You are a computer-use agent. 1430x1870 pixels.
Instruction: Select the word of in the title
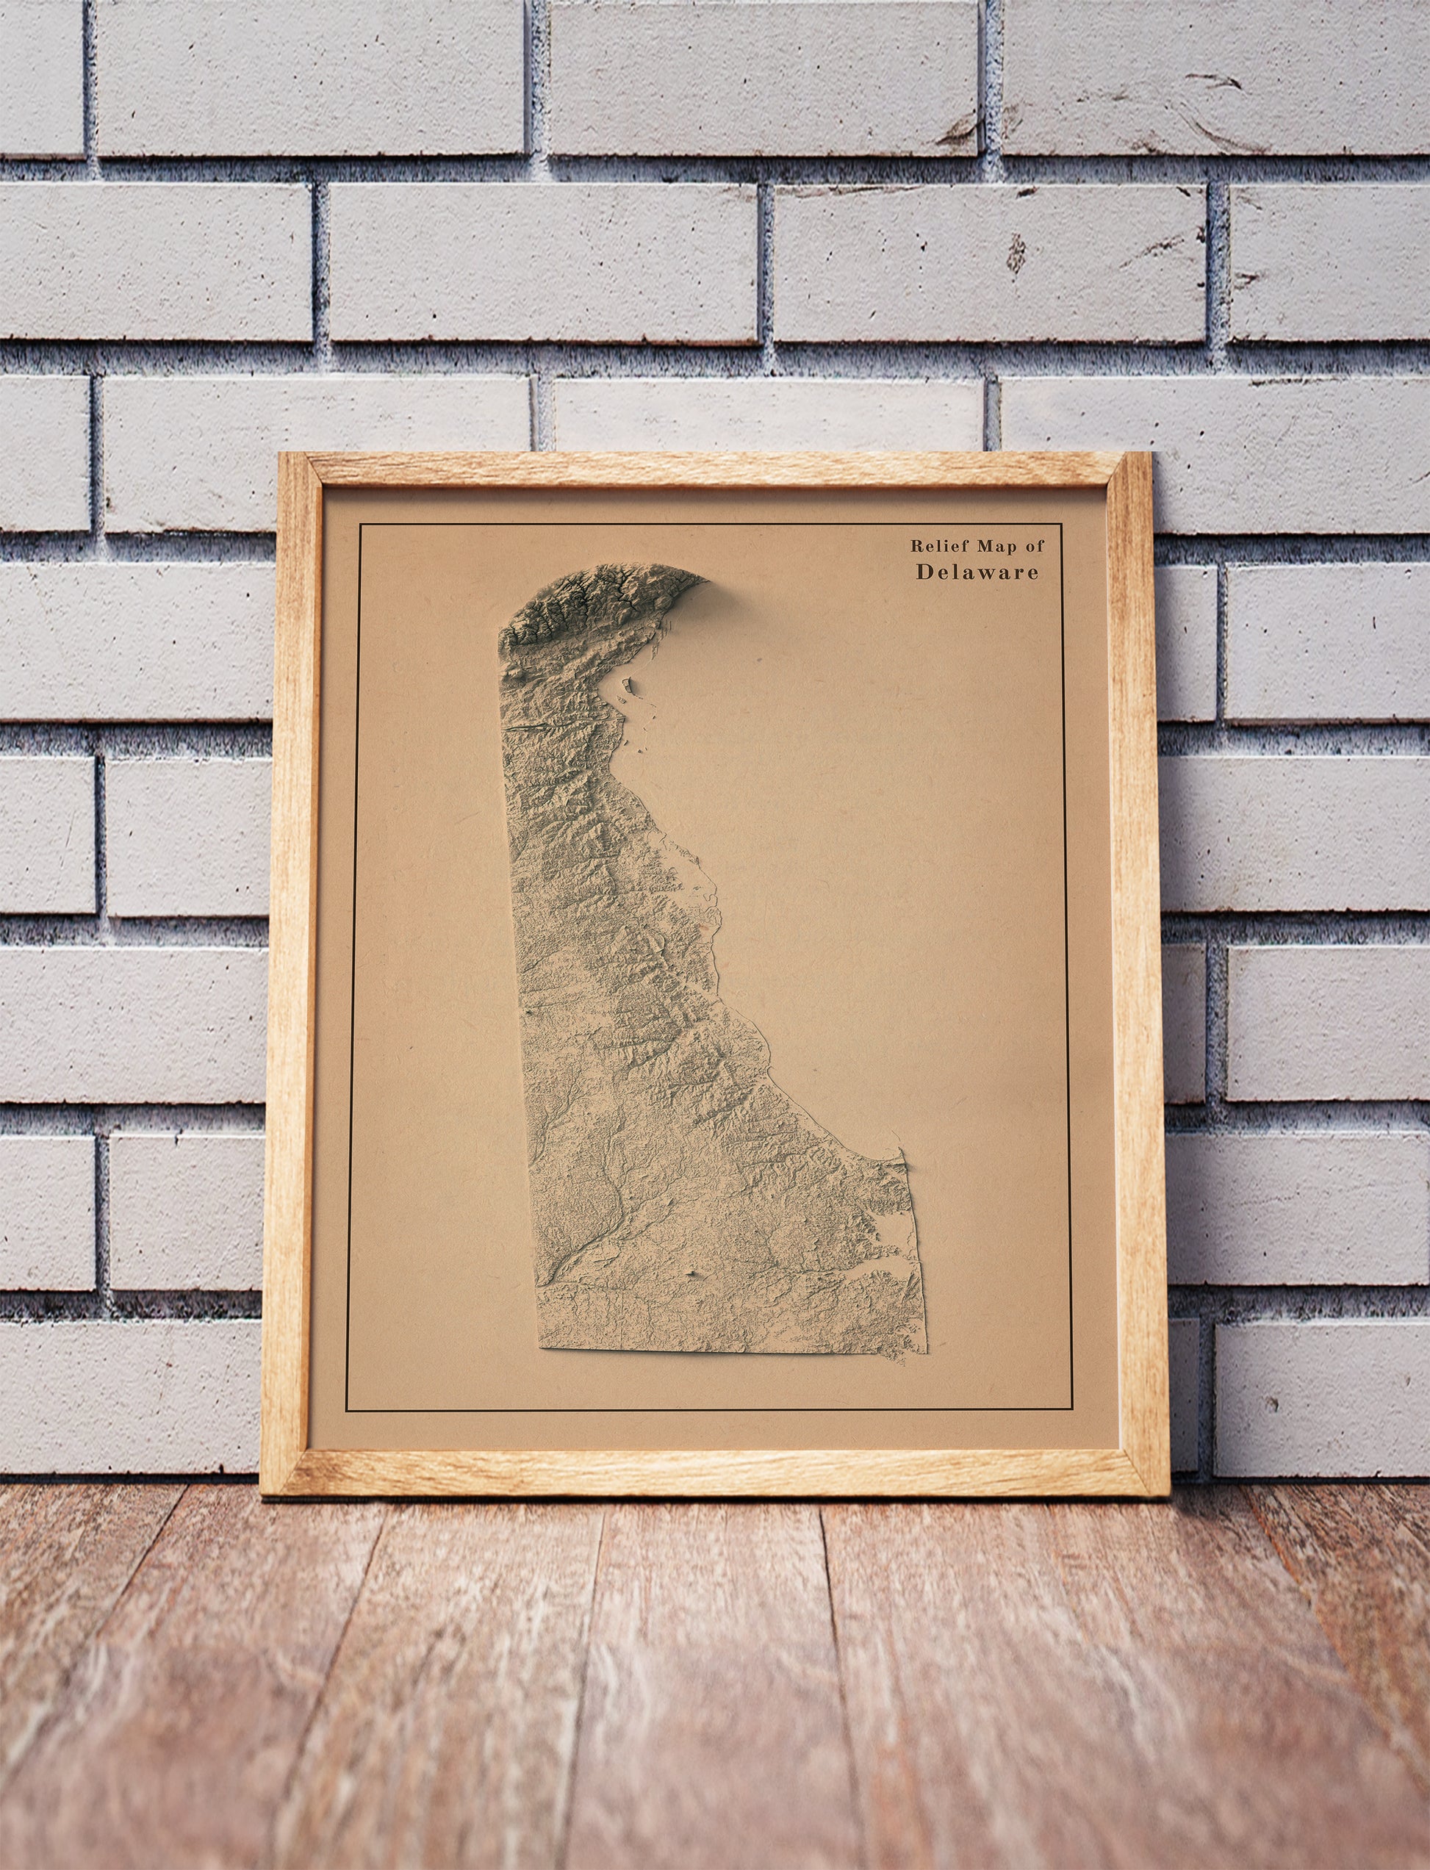coord(1033,546)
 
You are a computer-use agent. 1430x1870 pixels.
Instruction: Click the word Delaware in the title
coord(977,572)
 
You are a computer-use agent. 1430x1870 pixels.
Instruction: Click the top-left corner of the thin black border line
coord(360,525)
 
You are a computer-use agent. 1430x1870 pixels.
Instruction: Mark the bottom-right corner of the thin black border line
coord(1071,1410)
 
